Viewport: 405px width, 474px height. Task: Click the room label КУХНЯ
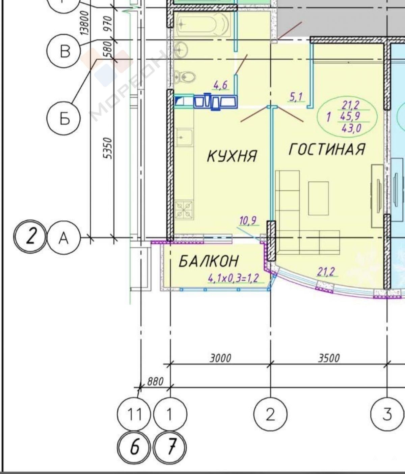point(232,156)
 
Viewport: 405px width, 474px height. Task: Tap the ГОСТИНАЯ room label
point(327,149)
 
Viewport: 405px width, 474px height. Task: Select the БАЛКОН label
point(209,261)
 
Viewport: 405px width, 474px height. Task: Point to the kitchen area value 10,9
point(248,221)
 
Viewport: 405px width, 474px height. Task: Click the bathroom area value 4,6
point(220,85)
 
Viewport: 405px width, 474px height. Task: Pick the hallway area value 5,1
point(296,97)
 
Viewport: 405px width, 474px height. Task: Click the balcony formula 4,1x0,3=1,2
point(234,278)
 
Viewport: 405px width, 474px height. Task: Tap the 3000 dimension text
point(220,358)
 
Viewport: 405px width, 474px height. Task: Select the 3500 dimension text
point(329,358)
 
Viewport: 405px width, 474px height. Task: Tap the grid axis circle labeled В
point(64,51)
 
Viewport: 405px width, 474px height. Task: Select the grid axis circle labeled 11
point(134,414)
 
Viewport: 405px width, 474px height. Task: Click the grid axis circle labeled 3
point(387,414)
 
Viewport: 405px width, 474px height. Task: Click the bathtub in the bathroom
point(203,24)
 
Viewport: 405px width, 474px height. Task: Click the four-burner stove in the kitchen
point(184,209)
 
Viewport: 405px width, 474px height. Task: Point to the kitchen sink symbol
point(184,137)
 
